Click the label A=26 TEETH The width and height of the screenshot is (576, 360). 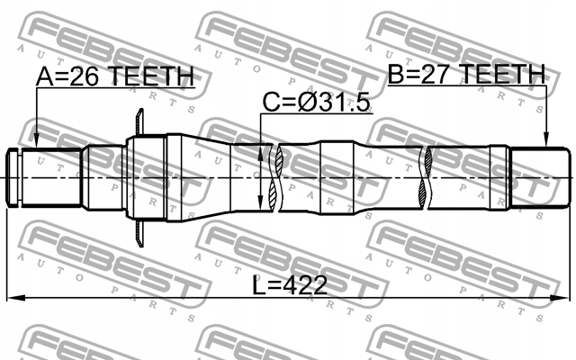(x=115, y=76)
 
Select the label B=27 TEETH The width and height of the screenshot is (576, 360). (x=466, y=74)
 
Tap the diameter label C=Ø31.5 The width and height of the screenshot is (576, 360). (x=316, y=102)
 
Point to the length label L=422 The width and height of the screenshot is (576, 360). (x=290, y=285)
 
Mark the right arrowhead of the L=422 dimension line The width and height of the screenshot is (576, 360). (x=561, y=298)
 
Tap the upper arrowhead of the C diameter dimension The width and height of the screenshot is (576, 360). (x=260, y=155)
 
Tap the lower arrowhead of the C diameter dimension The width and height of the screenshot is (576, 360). (x=260, y=202)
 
